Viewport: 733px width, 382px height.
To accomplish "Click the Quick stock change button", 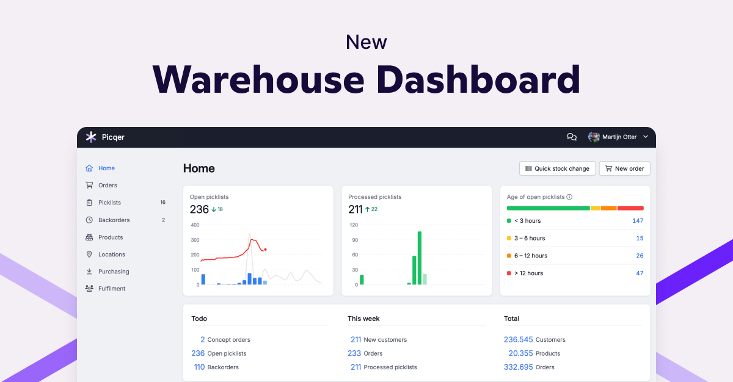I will [556, 168].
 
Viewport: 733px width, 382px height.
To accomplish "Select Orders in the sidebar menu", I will [108, 186].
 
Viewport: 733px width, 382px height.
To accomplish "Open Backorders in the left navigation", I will [114, 220].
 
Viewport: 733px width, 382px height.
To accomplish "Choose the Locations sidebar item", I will [111, 254].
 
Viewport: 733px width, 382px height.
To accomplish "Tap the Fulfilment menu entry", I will [111, 289].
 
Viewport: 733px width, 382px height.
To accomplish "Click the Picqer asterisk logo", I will [91, 137].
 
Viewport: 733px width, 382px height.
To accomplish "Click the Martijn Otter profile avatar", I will [594, 137].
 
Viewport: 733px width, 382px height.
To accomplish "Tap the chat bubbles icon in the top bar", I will [572, 137].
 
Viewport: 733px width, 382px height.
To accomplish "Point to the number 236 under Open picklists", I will [199, 209].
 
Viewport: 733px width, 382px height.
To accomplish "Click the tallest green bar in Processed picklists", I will [420, 258].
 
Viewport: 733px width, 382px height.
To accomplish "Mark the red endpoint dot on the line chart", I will [265, 250].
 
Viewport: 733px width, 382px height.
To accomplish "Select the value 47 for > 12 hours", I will [640, 273].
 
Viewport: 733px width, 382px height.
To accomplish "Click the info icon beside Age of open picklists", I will [569, 197].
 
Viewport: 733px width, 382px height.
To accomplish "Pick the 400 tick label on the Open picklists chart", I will [195, 225].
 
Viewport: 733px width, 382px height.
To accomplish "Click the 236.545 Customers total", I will [518, 339].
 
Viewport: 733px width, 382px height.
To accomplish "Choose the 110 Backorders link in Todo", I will [199, 367].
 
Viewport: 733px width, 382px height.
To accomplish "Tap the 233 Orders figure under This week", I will [354, 353].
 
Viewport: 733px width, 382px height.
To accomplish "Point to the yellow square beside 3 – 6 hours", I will [509, 239].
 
